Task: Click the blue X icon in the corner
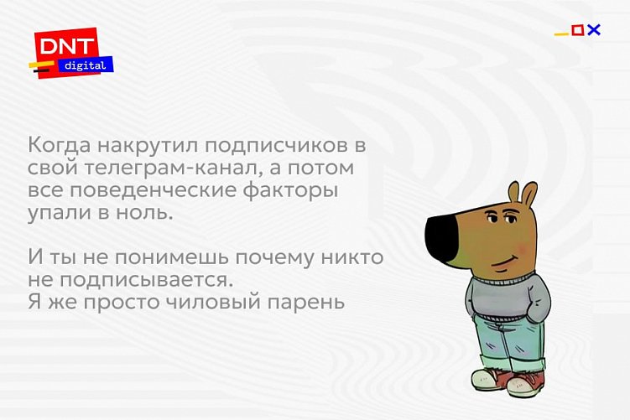pos(594,30)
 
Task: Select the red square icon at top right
pos(577,30)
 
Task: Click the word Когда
pos(58,145)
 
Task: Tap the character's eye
pos(506,220)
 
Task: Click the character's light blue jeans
pos(502,344)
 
